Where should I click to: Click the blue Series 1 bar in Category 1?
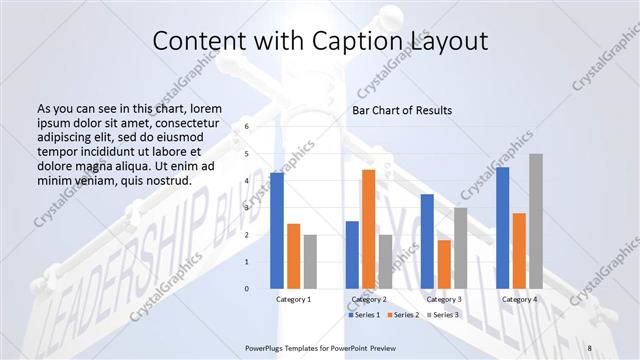tap(277, 231)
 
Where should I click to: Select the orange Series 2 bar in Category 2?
tap(368, 229)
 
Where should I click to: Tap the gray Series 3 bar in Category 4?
tap(536, 221)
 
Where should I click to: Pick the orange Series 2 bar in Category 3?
tap(444, 264)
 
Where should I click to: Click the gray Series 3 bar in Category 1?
tap(310, 262)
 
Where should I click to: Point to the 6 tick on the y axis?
tap(247, 127)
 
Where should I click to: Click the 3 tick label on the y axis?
tap(247, 208)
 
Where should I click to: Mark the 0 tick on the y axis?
tap(247, 289)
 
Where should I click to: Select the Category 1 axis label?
tap(293, 299)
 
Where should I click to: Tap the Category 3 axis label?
tap(444, 299)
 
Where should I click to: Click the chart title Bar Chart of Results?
tap(402, 110)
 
